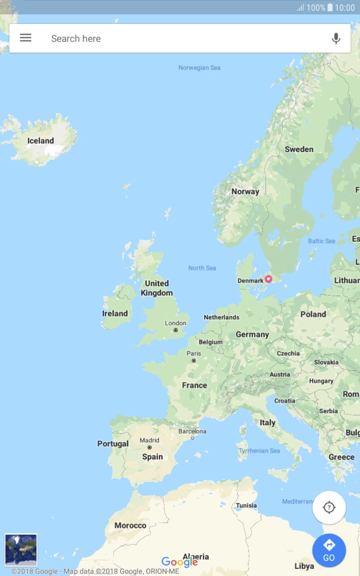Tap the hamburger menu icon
(x=25, y=38)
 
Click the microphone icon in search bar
(x=336, y=38)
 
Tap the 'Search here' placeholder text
(x=76, y=39)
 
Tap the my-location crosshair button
(x=329, y=507)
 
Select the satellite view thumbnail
(x=21, y=550)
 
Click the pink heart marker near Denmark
(x=268, y=279)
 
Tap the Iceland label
(x=41, y=141)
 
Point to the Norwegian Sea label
(x=199, y=68)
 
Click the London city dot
(x=176, y=330)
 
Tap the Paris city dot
(x=193, y=361)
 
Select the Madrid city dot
(x=149, y=448)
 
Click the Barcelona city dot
(x=192, y=438)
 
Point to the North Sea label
(x=202, y=268)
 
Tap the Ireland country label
(x=115, y=313)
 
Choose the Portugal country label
(x=113, y=444)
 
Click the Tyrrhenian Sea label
(x=259, y=451)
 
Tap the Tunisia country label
(x=246, y=506)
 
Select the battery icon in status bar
(x=330, y=8)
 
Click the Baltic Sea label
(x=321, y=241)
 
